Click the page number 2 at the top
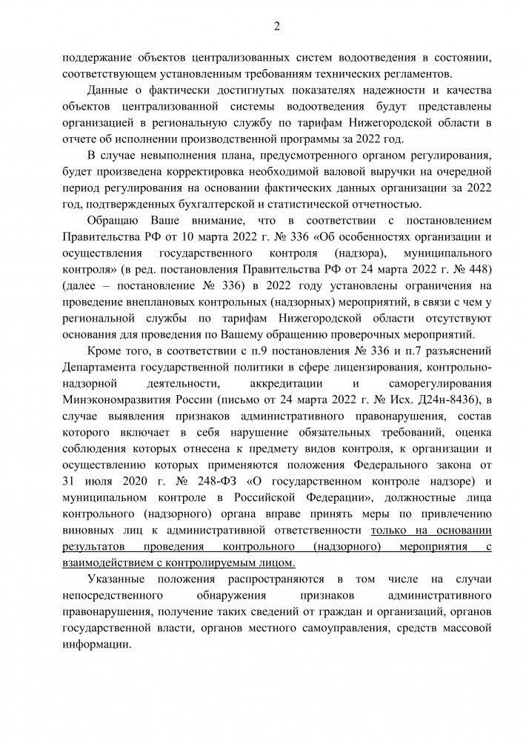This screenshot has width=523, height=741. click(276, 27)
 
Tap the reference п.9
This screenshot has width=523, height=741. click(278, 351)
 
